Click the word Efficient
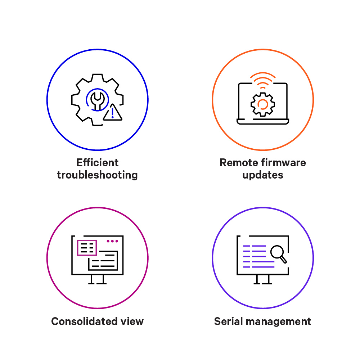tap(97, 163)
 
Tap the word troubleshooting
tap(97, 175)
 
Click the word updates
tap(263, 175)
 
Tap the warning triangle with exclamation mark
tap(113, 113)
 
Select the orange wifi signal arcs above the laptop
tap(263, 80)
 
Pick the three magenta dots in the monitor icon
tap(112, 241)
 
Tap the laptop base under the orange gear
tap(263, 122)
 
